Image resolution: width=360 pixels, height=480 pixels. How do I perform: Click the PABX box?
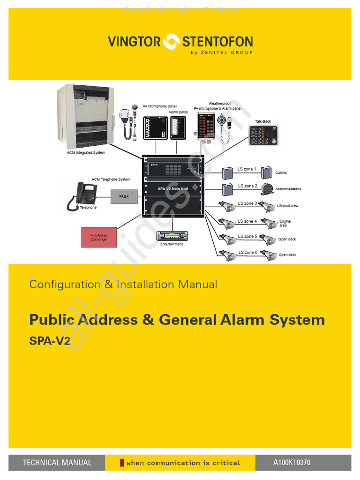124,196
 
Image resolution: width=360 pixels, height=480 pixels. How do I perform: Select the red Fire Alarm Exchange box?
99,237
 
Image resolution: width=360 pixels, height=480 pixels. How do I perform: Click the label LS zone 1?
247,169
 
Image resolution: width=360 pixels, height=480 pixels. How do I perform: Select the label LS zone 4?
247,221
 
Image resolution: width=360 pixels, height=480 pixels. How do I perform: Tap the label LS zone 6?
247,252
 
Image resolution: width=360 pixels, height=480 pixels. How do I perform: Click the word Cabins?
281,173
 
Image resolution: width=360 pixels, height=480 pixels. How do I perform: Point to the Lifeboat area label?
287,206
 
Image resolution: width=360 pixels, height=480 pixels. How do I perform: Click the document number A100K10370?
292,463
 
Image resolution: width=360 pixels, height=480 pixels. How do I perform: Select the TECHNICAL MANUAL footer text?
57,463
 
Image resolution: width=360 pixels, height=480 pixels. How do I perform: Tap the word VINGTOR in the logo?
134,42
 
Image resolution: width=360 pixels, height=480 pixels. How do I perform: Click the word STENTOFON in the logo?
217,42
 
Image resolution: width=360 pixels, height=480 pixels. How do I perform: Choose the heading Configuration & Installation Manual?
123,284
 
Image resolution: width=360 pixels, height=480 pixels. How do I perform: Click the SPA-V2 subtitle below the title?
50,341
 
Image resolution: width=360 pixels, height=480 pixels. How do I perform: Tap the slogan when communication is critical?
183,463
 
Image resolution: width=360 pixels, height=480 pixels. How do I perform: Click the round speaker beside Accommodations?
267,189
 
